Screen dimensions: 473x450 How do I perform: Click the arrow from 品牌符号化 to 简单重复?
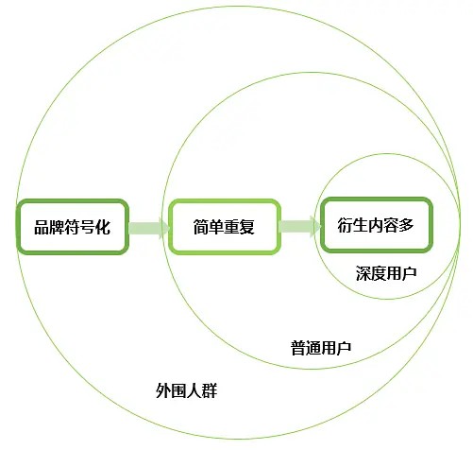pyautogui.click(x=149, y=228)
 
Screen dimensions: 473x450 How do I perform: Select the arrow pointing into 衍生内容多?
pyautogui.click(x=300, y=226)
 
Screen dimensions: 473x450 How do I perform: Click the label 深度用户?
pyautogui.click(x=386, y=273)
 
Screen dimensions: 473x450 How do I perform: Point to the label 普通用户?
pyautogui.click(x=320, y=348)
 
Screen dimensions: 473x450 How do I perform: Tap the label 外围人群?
pyautogui.click(x=186, y=390)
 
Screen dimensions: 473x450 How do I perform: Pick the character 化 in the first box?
pyautogui.click(x=103, y=227)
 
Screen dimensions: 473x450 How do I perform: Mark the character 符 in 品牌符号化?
pyautogui.click(x=73, y=227)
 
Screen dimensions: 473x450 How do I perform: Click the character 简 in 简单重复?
pyautogui.click(x=201, y=227)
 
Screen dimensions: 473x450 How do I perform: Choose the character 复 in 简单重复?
pyautogui.click(x=247, y=227)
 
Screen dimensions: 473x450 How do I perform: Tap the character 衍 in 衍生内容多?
pyautogui.click(x=346, y=225)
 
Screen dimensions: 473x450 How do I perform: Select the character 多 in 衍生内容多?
pyautogui.click(x=406, y=225)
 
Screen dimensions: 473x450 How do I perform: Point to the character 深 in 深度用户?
pyautogui.click(x=363, y=273)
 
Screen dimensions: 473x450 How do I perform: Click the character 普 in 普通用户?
pyautogui.click(x=297, y=348)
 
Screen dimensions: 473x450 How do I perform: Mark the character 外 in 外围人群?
pyautogui.click(x=163, y=390)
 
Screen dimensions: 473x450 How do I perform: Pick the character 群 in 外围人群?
pyautogui.click(x=210, y=390)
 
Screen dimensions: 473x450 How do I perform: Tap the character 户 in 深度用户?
pyautogui.click(x=410, y=273)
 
